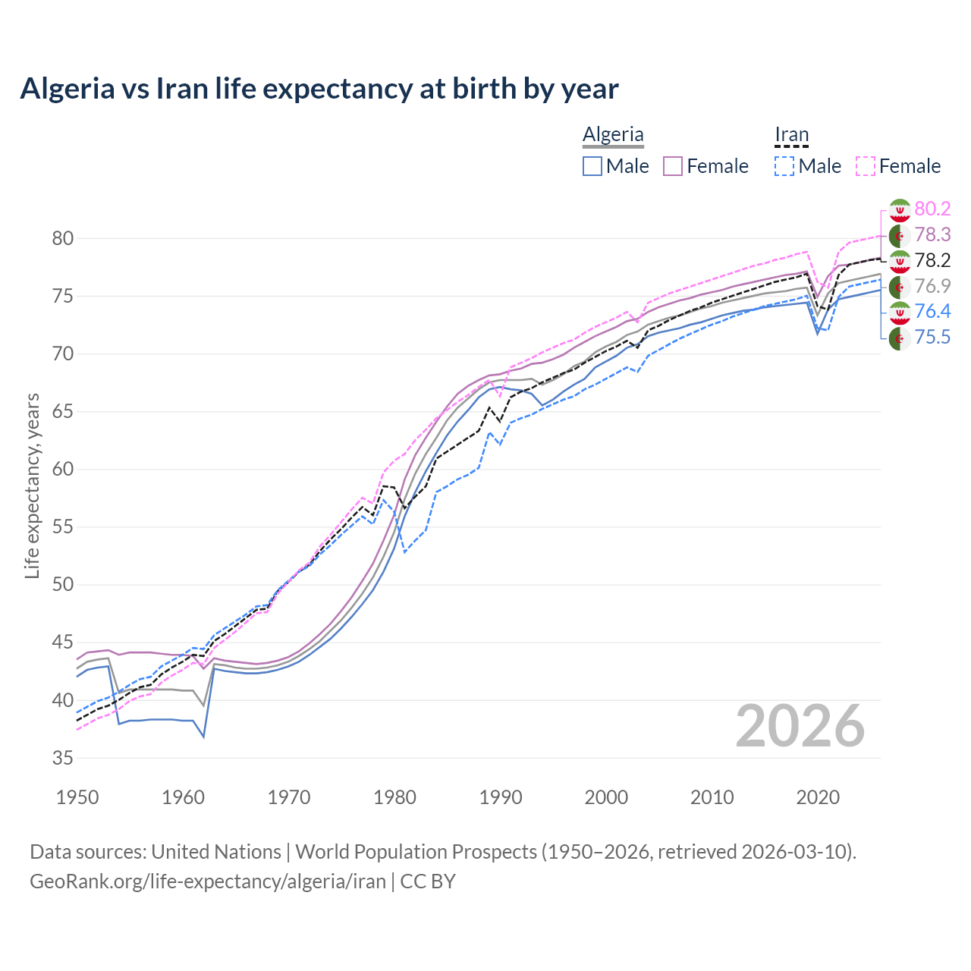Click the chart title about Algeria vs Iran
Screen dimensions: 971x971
pos(319,89)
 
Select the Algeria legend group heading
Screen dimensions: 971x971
pos(613,134)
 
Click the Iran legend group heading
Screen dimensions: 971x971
pos(791,134)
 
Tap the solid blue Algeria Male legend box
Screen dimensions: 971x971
pos(592,166)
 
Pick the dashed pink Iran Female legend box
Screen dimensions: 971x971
pos(866,166)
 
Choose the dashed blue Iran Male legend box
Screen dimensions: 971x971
pos(784,166)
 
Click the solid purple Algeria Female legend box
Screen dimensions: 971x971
pos(674,166)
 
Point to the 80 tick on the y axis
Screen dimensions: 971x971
pos(63,238)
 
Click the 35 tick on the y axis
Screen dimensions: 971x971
pos(63,758)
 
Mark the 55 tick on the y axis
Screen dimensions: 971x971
pos(63,527)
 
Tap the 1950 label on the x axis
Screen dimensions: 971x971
pos(77,797)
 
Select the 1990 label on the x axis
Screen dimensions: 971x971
pos(501,797)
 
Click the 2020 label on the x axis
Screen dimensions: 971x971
pos(818,797)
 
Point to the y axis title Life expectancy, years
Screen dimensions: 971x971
pos(32,485)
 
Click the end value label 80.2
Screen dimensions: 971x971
pos(932,209)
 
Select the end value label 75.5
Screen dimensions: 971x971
pos(932,338)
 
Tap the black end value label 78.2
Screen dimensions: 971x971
pos(932,261)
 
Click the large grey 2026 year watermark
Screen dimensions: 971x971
pos(800,726)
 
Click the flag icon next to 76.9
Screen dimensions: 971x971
pos(900,287)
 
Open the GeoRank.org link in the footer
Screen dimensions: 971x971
pos(208,881)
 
